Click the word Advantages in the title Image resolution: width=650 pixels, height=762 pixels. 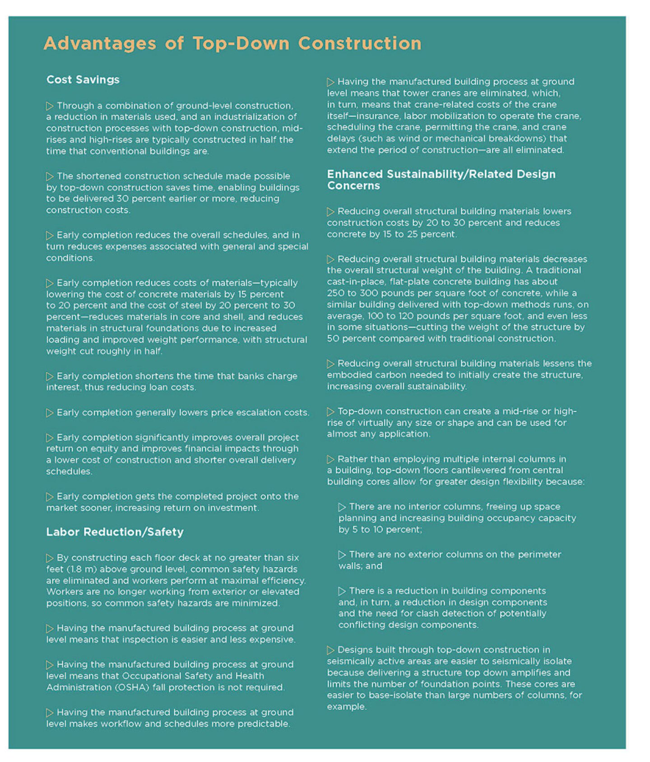click(x=100, y=44)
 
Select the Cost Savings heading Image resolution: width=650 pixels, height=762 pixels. click(x=83, y=80)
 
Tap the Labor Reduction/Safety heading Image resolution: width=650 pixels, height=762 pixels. click(x=115, y=532)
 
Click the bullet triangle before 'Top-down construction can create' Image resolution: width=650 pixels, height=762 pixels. click(x=330, y=412)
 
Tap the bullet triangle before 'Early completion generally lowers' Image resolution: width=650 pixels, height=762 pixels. click(x=50, y=413)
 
